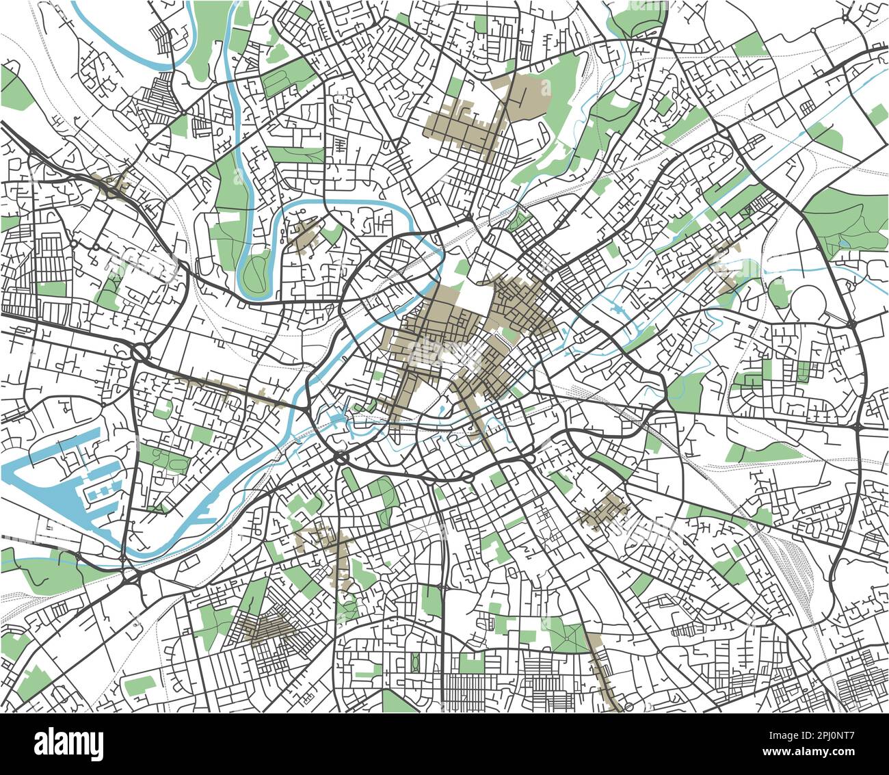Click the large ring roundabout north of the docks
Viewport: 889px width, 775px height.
140,353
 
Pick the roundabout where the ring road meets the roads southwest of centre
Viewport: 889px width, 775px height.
341,456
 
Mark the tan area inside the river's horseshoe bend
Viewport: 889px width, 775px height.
305,237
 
